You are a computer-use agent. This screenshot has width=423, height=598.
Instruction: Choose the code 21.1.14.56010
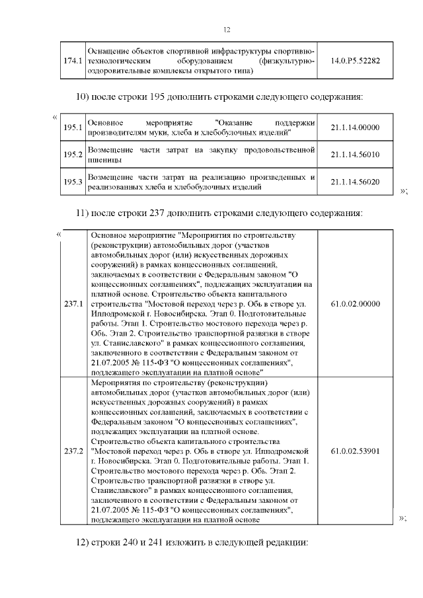(x=355, y=155)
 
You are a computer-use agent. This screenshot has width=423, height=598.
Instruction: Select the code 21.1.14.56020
(x=355, y=182)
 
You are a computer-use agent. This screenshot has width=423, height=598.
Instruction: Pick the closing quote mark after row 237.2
(x=403, y=519)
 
